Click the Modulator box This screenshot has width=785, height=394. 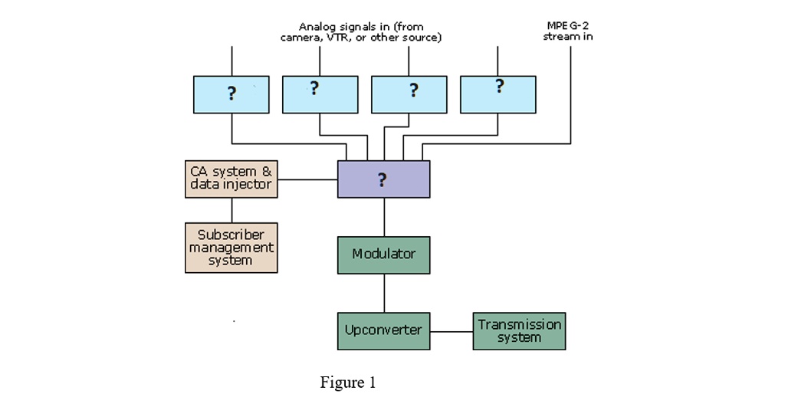[x=384, y=254]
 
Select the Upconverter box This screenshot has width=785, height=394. [x=384, y=330]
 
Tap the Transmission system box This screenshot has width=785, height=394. [x=519, y=330]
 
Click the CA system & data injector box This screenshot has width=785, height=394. [x=231, y=179]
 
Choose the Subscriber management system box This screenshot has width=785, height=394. [x=231, y=248]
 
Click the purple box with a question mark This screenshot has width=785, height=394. [x=384, y=179]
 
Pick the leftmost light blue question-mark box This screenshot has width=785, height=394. [x=231, y=94]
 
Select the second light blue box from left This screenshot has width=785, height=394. [x=320, y=94]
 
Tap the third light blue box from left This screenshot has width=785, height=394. [x=409, y=94]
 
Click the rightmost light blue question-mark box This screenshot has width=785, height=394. [x=498, y=94]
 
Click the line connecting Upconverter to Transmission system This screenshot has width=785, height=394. [x=452, y=331]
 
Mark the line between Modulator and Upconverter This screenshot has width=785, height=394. [x=384, y=293]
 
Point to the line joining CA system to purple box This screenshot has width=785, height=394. [x=307, y=180]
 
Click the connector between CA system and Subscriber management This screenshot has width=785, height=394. [x=232, y=210]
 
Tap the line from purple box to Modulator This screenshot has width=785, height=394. [x=384, y=217]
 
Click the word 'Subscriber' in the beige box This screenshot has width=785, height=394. [x=231, y=235]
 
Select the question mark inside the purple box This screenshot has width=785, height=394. [x=382, y=180]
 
